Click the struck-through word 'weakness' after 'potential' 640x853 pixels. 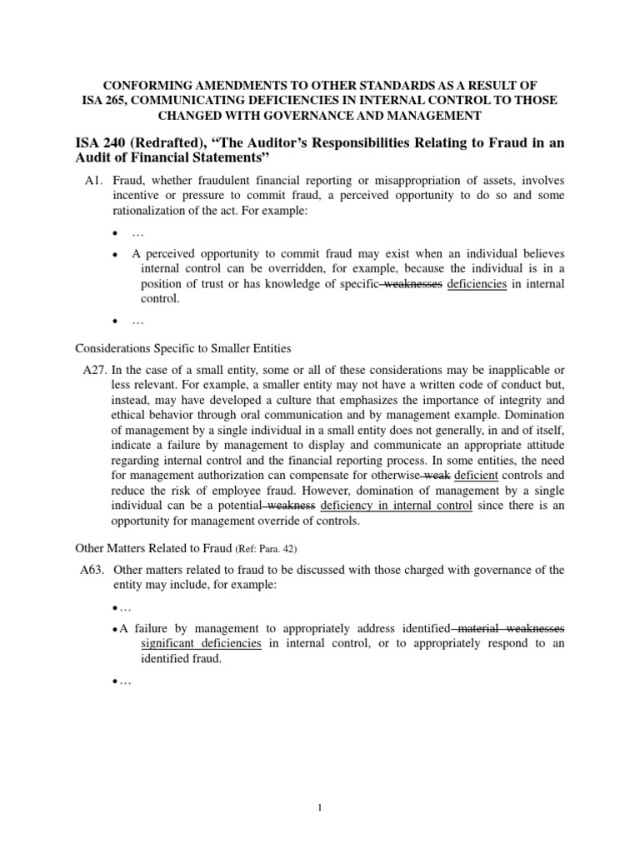pos(291,506)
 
